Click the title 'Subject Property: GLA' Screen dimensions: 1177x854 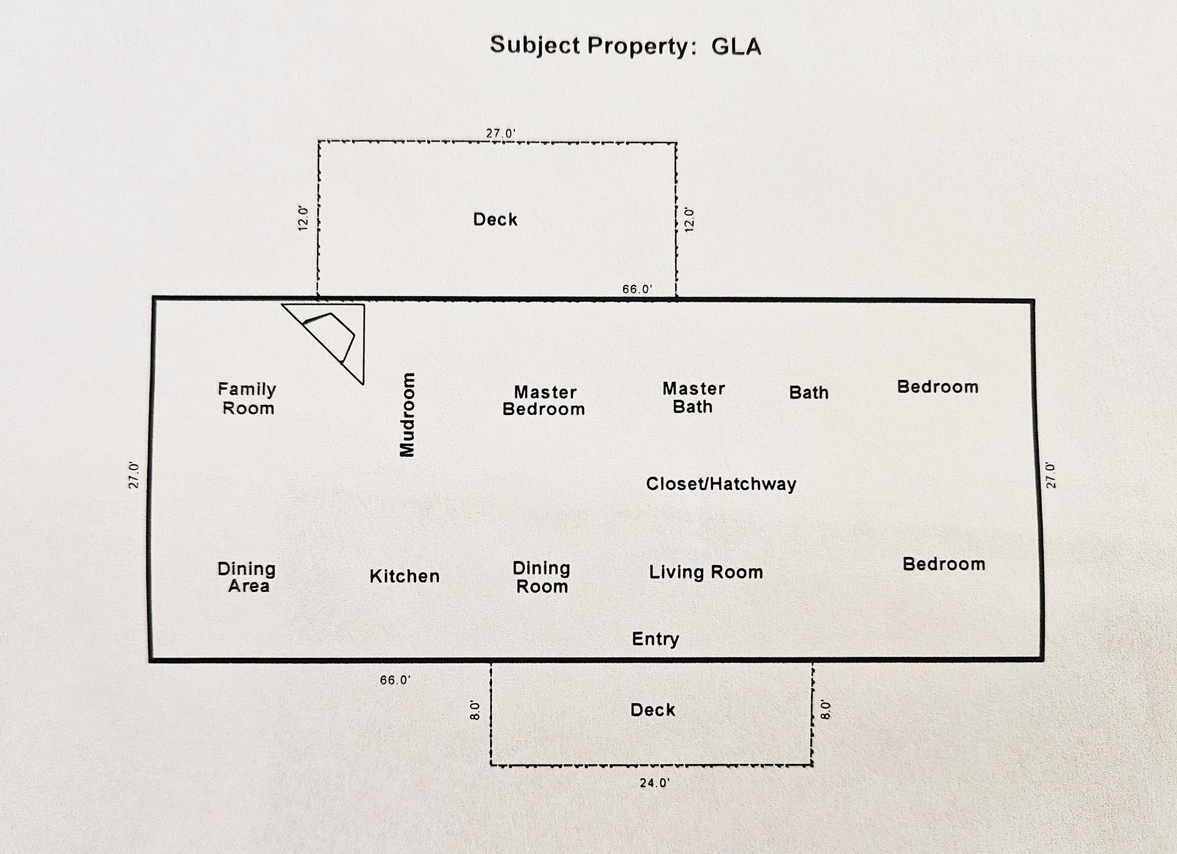(626, 46)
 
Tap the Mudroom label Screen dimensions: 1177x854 (407, 414)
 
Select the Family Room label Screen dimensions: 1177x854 (247, 398)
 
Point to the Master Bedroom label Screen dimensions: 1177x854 (544, 401)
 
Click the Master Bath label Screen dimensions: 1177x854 (693, 397)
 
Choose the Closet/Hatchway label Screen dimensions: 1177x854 (721, 484)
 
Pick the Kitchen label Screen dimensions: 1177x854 (404, 576)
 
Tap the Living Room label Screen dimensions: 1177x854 (706, 572)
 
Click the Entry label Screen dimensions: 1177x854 (655, 639)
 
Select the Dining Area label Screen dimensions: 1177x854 (247, 577)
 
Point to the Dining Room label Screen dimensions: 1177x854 (541, 577)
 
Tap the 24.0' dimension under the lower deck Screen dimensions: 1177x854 (654, 783)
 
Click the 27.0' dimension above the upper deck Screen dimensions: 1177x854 (500, 134)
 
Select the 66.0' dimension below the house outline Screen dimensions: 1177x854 (395, 680)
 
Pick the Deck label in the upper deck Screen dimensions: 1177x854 (495, 220)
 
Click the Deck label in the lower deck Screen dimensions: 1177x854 (653, 710)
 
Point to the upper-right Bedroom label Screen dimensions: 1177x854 (937, 387)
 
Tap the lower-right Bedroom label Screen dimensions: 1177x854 (944, 564)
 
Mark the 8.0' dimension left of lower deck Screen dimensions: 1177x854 (476, 710)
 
